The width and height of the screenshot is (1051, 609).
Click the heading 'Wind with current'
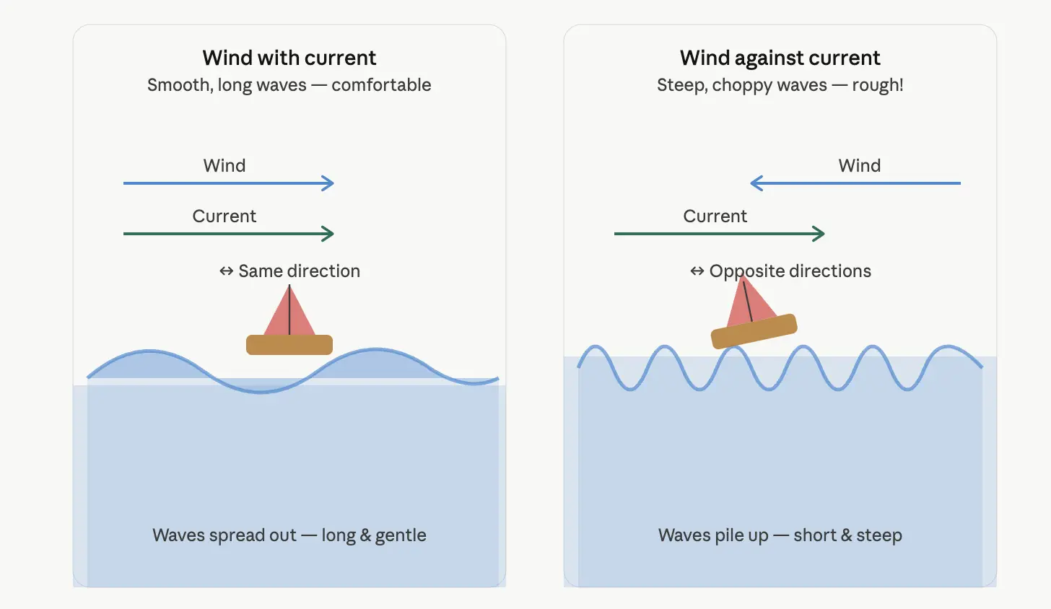pyautogui.click(x=289, y=58)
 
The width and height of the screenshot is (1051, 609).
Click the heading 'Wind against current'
pyautogui.click(x=780, y=58)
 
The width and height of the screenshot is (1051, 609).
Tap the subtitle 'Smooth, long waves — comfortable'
pyautogui.click(x=289, y=85)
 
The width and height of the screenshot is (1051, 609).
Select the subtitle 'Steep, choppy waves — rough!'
pyautogui.click(x=780, y=85)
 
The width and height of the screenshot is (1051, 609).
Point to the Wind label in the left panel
pyautogui.click(x=224, y=166)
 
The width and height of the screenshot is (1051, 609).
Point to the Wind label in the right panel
pyautogui.click(x=860, y=166)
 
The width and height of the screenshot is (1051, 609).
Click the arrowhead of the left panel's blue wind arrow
pyautogui.click(x=329, y=183)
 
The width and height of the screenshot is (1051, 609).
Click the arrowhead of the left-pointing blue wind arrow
pyautogui.click(x=756, y=183)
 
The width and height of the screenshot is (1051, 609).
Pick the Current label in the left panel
pyautogui.click(x=224, y=216)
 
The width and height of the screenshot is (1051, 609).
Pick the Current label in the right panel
pyautogui.click(x=715, y=216)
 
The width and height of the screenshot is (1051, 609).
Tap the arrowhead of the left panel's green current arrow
pyautogui.click(x=329, y=234)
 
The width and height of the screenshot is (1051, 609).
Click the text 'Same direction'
pyautogui.click(x=300, y=271)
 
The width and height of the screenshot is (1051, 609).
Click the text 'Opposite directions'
pyautogui.click(x=790, y=271)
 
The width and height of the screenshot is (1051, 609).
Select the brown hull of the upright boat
pyautogui.click(x=289, y=345)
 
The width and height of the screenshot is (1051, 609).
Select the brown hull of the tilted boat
pyautogui.click(x=754, y=331)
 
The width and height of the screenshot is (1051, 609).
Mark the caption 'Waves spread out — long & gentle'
pyautogui.click(x=289, y=535)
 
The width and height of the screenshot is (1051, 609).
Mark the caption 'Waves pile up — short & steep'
pyautogui.click(x=780, y=535)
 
